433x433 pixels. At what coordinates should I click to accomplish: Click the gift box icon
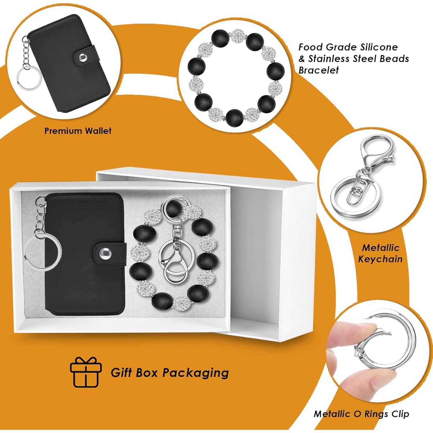(86, 372)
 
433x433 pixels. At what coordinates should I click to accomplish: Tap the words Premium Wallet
(78, 131)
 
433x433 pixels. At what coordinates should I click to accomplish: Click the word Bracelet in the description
(319, 70)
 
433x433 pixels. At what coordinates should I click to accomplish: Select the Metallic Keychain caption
(380, 253)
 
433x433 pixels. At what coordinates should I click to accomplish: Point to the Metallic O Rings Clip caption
(361, 414)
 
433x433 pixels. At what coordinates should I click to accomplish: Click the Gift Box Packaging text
(170, 373)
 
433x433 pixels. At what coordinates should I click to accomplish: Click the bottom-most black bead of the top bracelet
(234, 117)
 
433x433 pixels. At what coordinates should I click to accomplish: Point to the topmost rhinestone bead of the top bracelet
(237, 36)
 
